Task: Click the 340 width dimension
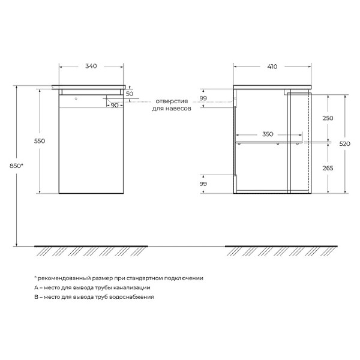coord(92,66)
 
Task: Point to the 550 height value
coord(40,140)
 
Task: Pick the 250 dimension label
coord(327,118)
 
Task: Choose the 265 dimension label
coord(327,169)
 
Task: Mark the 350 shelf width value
coord(268,134)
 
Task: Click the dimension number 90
coord(114,106)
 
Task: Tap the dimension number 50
coord(130,95)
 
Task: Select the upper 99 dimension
coord(203,98)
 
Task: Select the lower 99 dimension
coord(203,184)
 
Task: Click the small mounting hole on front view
coord(76,97)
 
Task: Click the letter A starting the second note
coord(36,287)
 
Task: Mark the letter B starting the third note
coord(36,297)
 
